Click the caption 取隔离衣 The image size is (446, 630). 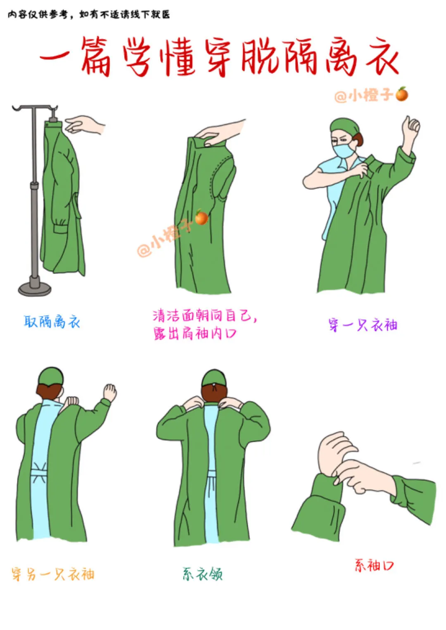pos(52,321)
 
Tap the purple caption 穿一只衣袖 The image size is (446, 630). pos(363,325)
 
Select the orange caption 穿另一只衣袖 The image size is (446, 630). pos(53,574)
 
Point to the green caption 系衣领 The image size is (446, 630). pos(202,574)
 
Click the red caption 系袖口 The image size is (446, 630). pos(374,565)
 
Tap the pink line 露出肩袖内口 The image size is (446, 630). pos(195,333)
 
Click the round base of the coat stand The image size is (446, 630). pos(35,288)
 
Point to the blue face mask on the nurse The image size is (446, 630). pos(344,151)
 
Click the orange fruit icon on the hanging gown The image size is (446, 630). pos(202,217)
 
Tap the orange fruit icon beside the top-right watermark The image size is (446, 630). pos(402,94)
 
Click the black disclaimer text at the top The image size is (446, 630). pos(89,14)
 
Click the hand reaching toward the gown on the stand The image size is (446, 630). pos(85,124)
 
